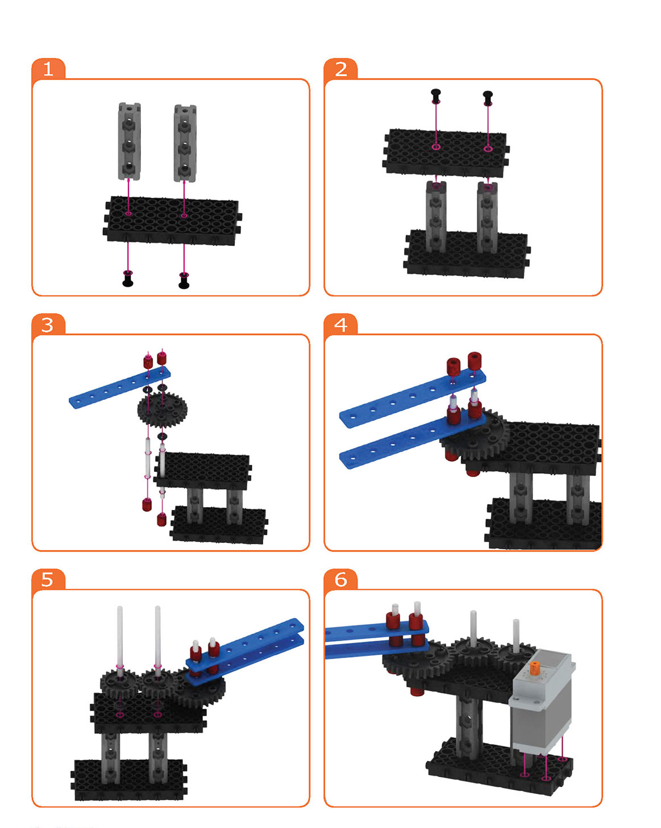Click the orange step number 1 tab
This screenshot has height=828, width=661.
pos(48,69)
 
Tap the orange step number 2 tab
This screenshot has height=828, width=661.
pos(341,69)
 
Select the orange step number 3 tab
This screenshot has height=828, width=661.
pos(48,324)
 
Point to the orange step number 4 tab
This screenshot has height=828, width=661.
pos(341,324)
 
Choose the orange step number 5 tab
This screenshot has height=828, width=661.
pos(48,579)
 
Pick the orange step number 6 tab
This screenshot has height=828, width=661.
pos(341,579)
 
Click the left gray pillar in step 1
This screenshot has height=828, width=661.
pos(129,141)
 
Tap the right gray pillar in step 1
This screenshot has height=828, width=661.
pos(185,143)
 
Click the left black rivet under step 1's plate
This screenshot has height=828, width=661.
pos(128,279)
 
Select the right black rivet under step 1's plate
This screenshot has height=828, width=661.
pos(184,281)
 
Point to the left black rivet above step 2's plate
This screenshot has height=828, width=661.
pos(436,96)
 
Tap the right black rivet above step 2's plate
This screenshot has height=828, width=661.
pos(488,98)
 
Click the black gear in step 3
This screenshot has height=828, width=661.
pos(162,409)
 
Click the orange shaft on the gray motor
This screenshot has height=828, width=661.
pos(534,667)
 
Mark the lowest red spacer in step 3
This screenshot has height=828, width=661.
pos(161,520)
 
